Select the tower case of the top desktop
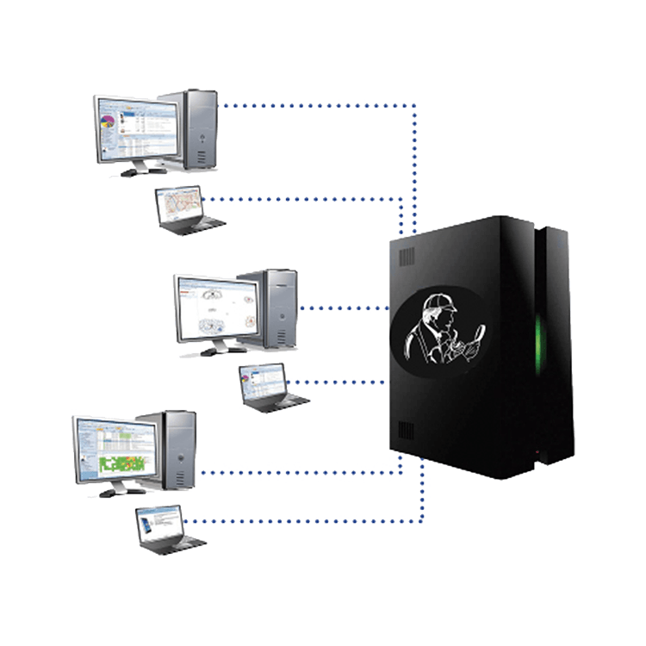point(199,129)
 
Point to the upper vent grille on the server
point(407,257)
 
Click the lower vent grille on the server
point(407,431)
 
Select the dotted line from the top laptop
point(301,199)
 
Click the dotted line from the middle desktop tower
point(340,307)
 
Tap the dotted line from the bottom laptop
point(301,521)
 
